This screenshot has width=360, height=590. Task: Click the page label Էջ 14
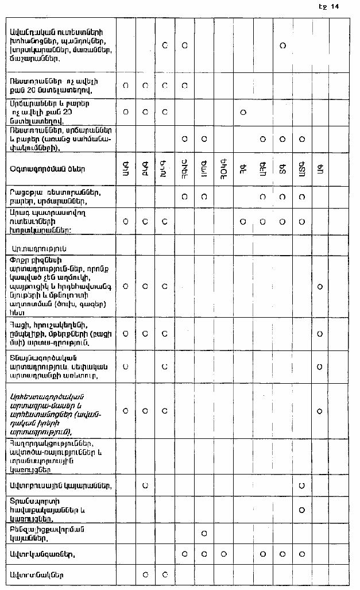pos(332,7)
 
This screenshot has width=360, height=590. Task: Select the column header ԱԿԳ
pos(125,169)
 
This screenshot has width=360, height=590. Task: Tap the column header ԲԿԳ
pos(145,169)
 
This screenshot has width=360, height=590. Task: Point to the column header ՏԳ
pos(282,169)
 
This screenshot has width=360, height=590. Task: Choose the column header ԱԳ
pos(320,169)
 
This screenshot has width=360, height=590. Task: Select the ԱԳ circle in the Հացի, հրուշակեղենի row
pos(320,333)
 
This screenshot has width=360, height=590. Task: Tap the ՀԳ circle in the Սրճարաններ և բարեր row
pos(243,112)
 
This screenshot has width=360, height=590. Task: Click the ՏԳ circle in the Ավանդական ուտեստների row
pos(282,45)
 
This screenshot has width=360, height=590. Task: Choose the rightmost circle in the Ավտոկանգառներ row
pos(301,554)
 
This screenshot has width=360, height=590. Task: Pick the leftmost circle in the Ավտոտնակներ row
pos(145,574)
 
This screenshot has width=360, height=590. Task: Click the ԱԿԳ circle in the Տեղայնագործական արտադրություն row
pos(125,365)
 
